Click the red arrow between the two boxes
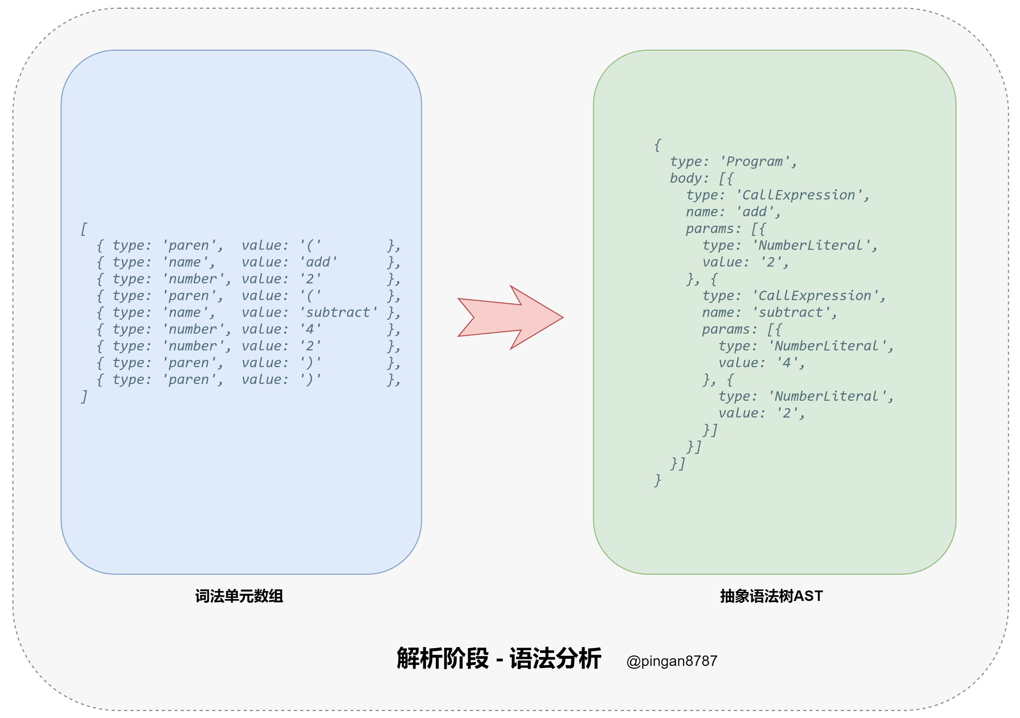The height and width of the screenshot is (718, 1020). coord(511,317)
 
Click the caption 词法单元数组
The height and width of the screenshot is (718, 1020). coord(239,596)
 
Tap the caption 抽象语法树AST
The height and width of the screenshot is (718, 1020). coord(771,596)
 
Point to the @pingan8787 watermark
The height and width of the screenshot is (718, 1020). coord(671,661)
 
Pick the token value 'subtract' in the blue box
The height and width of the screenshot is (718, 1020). coord(338,312)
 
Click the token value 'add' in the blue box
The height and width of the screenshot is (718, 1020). coord(319,262)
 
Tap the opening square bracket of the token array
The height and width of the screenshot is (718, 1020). coord(83,229)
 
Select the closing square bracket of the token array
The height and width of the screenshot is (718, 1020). coord(83,396)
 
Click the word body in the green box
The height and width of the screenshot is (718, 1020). coord(685,178)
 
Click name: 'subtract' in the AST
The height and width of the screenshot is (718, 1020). coord(768,312)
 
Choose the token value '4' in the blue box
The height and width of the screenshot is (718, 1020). coord(310,329)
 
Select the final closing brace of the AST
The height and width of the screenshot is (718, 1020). coord(657,480)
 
